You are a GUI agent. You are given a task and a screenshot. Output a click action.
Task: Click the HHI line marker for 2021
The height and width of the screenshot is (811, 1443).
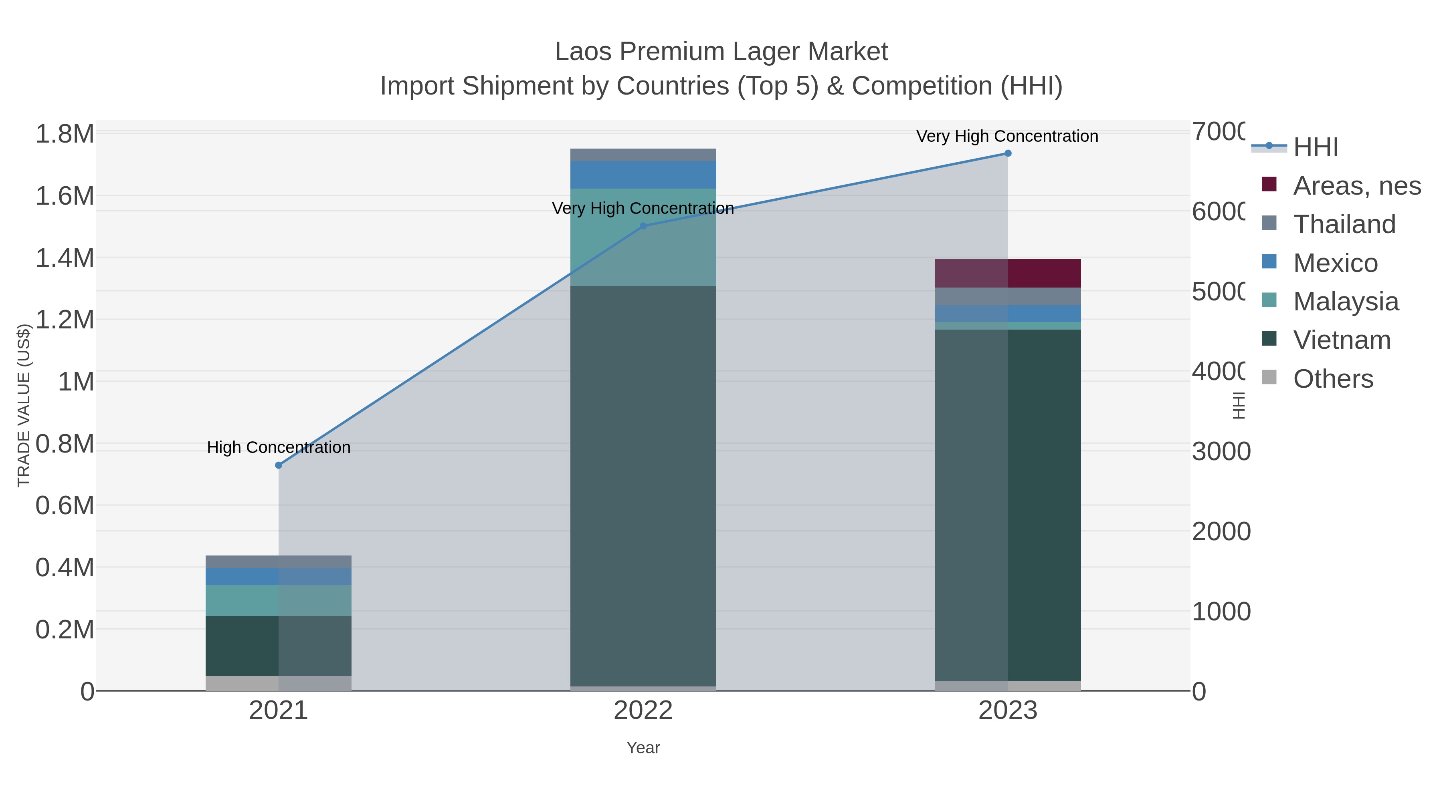pyautogui.click(x=279, y=465)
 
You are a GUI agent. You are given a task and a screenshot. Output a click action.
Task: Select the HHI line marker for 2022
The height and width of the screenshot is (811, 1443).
pyautogui.click(x=643, y=226)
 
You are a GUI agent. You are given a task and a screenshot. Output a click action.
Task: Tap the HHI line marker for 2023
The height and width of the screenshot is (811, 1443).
pyautogui.click(x=1008, y=153)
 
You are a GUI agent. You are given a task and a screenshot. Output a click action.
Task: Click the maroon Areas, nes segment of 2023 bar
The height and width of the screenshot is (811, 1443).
pyautogui.click(x=1008, y=273)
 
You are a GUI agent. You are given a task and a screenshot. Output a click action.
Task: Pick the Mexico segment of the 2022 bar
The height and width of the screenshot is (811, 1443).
pyautogui.click(x=643, y=175)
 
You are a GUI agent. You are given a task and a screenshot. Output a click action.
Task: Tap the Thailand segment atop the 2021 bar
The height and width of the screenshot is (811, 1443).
pyautogui.click(x=279, y=561)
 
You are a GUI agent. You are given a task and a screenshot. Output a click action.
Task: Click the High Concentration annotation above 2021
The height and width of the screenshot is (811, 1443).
pyautogui.click(x=279, y=447)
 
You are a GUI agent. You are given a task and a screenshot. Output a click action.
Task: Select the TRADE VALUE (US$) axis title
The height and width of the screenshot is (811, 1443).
pyautogui.click(x=24, y=405)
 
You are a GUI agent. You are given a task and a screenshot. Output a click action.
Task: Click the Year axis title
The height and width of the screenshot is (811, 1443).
pyautogui.click(x=643, y=748)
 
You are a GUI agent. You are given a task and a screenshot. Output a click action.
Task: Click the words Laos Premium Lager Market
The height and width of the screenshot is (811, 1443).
pyautogui.click(x=721, y=52)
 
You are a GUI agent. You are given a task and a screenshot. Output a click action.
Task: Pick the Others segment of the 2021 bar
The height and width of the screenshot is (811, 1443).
pyautogui.click(x=279, y=683)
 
